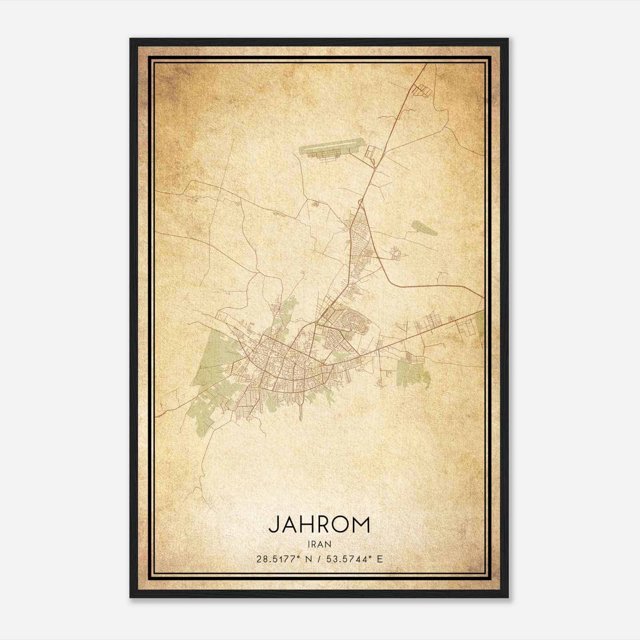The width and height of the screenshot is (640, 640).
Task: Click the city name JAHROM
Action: tap(319, 524)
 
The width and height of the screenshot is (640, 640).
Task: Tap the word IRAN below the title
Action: tap(319, 544)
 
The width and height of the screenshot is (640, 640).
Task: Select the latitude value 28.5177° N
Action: tap(283, 559)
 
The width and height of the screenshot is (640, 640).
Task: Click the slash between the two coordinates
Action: tap(319, 559)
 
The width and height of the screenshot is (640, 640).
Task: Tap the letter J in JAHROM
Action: tap(273, 525)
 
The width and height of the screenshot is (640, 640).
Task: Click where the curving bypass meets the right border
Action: tap(483, 297)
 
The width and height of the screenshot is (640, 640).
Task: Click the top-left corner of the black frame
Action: tap(131, 39)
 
